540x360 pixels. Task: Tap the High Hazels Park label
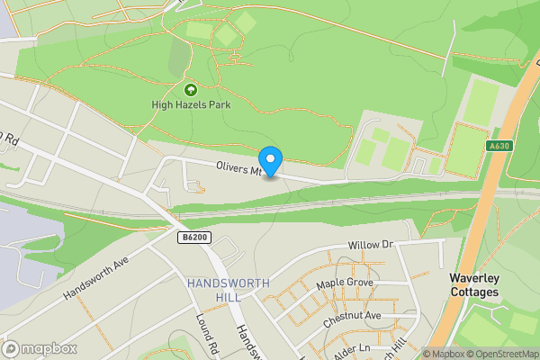click(190, 105)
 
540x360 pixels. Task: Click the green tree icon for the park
click(190, 90)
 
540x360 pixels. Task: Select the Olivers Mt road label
click(238, 168)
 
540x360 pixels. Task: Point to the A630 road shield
click(499, 146)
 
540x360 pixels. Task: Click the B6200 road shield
click(193, 238)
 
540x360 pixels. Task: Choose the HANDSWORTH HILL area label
click(229, 290)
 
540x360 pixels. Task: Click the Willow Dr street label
click(373, 245)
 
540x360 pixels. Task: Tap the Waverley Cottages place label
click(474, 285)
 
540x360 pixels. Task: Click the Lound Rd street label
click(208, 332)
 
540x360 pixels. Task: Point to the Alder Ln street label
click(352, 348)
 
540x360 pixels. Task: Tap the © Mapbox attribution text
click(444, 354)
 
